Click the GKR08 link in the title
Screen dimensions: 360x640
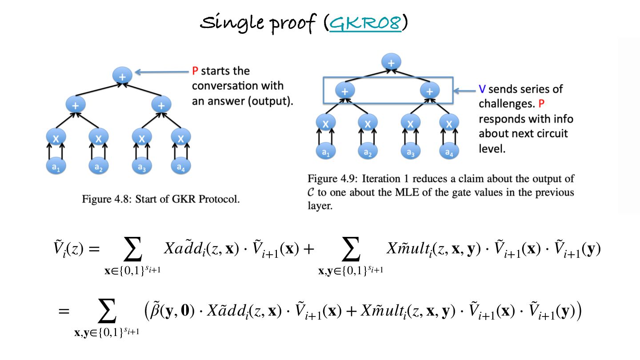[365, 23]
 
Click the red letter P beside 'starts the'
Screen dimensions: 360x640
[195, 71]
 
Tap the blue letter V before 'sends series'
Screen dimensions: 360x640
[482, 89]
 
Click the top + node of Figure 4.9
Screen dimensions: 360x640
[391, 62]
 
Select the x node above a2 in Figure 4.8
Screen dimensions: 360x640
[98, 138]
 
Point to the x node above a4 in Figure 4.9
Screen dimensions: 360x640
[449, 123]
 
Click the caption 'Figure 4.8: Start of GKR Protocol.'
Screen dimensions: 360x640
[161, 199]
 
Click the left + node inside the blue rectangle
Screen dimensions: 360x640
[345, 91]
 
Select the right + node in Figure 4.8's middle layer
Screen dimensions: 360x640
[161, 105]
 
